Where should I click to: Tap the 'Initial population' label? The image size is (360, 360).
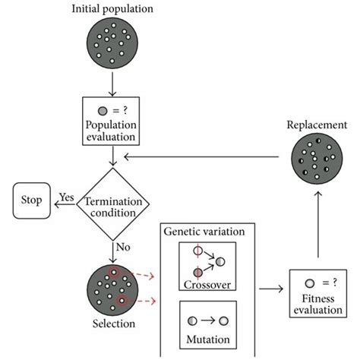(x=112, y=9)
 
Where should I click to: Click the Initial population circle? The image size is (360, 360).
(x=112, y=43)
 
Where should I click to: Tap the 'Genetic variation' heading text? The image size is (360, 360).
(x=207, y=231)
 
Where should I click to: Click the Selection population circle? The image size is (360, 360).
(x=112, y=289)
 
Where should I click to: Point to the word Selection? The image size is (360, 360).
(x=112, y=325)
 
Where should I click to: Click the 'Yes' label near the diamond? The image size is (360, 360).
(x=66, y=196)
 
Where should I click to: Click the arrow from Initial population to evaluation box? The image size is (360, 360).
(x=112, y=82)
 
